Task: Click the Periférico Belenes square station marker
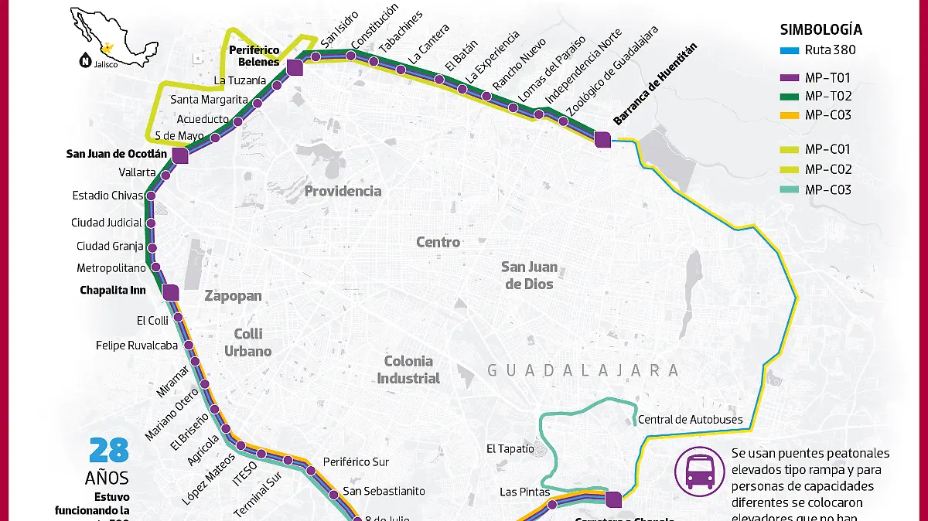[x=295, y=69]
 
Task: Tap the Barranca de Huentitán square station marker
[x=602, y=139]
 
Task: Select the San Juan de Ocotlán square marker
[x=180, y=156]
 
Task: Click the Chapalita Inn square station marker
[x=171, y=293]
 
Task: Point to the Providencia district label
[x=343, y=191]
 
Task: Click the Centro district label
[x=438, y=242]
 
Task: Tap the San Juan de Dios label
[x=529, y=275]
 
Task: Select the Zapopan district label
[x=233, y=296]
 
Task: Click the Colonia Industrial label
[x=408, y=369]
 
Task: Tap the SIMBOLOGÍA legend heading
[x=821, y=30]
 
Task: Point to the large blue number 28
[x=107, y=451]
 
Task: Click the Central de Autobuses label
[x=690, y=421]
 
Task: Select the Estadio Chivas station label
[x=107, y=196]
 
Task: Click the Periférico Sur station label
[x=356, y=462]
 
